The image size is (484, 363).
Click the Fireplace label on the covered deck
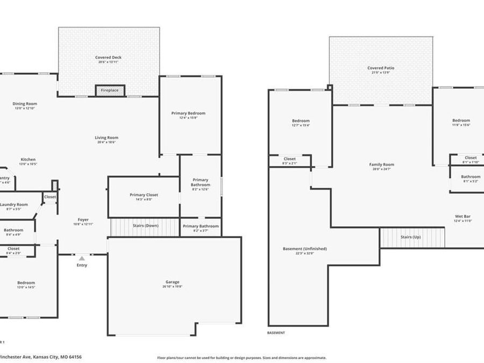110,90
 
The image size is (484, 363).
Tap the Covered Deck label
108,57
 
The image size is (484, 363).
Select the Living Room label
106,138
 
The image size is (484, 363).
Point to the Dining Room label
25,104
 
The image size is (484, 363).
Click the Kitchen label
28,160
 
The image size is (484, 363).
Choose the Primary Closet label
144,195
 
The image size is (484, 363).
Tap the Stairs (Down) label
146,225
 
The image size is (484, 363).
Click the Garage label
173,282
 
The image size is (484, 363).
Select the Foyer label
83,219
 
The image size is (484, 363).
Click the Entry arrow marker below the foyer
82,259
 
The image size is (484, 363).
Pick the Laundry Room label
14,204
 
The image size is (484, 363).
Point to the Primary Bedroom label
188,113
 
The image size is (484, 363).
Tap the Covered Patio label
381,68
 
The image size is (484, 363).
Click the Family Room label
381,165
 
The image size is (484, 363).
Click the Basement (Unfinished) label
304,249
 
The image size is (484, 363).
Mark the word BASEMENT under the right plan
276,333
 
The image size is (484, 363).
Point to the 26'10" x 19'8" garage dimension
173,287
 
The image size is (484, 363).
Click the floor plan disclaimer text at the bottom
241,357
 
